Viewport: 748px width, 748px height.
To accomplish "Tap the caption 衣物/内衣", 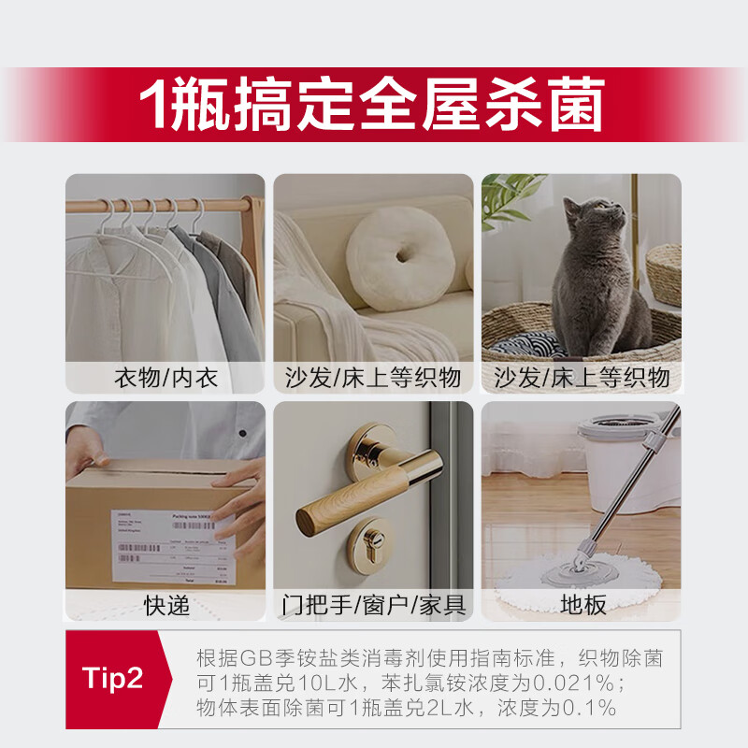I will coord(165,378).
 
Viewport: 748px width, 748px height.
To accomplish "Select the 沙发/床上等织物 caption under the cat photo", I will coord(582,378).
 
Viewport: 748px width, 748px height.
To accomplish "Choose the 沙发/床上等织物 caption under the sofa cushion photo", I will coord(373,378).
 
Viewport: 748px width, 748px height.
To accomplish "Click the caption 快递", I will coord(165,605).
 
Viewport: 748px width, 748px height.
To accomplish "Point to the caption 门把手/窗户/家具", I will coord(373,605).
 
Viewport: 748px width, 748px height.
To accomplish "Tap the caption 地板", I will coord(582,605).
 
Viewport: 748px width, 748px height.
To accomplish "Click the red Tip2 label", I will coord(113,679).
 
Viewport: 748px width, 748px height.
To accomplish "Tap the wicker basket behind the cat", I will coord(664,271).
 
